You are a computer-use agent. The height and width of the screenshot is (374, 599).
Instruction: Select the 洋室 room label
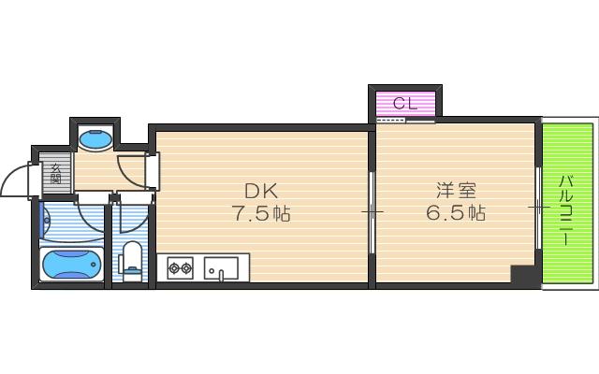click(455, 187)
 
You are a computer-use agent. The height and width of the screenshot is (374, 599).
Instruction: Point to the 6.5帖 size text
click(455, 214)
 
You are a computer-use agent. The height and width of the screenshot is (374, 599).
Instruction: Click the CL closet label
click(404, 104)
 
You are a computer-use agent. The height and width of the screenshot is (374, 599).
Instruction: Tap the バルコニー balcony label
click(567, 210)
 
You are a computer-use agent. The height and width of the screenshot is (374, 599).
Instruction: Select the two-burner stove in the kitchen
click(180, 269)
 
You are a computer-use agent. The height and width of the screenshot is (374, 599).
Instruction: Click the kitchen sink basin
click(221, 269)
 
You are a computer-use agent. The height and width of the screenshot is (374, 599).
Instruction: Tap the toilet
click(133, 257)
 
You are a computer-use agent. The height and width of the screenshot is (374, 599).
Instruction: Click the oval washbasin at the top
click(95, 140)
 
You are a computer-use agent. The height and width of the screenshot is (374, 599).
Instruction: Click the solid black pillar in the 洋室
click(523, 276)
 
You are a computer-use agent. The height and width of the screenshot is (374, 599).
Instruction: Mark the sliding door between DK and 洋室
click(372, 213)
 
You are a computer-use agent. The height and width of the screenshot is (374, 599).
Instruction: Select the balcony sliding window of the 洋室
click(538, 208)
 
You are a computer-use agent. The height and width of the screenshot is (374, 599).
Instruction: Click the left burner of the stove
click(173, 269)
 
